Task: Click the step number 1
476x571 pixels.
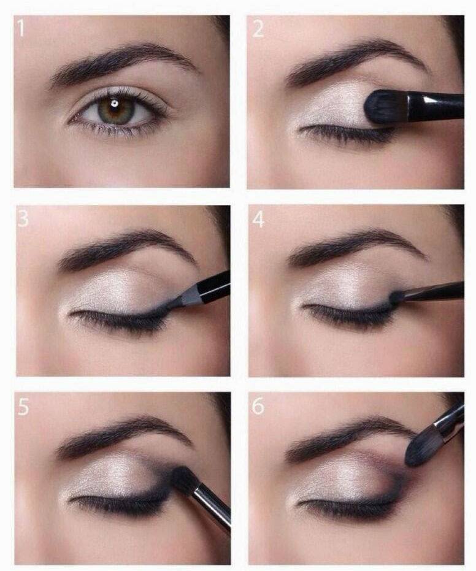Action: [x=21, y=28]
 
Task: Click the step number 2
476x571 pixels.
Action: [x=258, y=29]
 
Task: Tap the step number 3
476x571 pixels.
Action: [x=23, y=219]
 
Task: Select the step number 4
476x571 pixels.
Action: [x=258, y=219]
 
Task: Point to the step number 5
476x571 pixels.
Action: [x=23, y=407]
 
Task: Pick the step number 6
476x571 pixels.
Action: [x=258, y=406]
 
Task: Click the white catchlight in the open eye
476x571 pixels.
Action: [x=114, y=104]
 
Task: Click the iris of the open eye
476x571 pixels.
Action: [x=116, y=110]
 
